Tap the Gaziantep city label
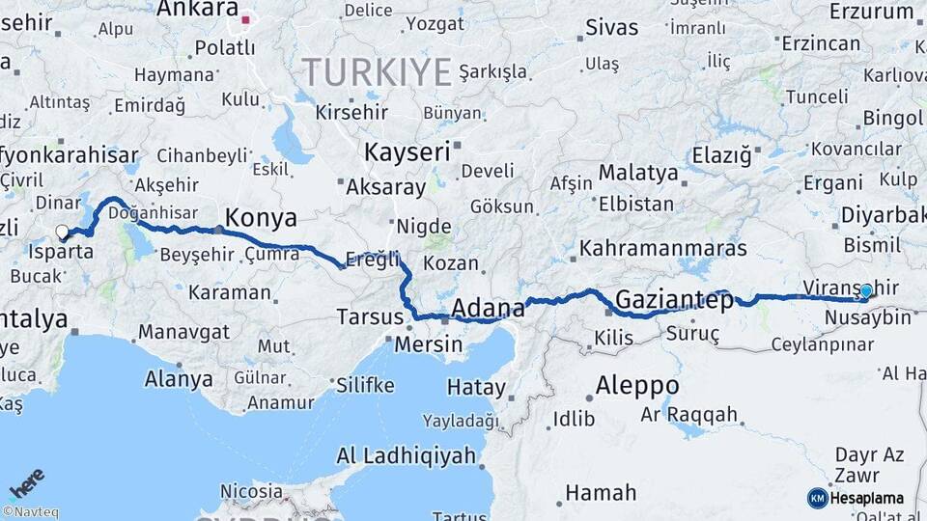pyautogui.click(x=672, y=299)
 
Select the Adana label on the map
pyautogui.click(x=488, y=309)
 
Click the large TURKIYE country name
pyautogui.click(x=377, y=72)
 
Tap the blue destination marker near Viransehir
pyautogui.click(x=866, y=290)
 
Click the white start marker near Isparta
pyautogui.click(x=63, y=232)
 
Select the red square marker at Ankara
pyautogui.click(x=245, y=19)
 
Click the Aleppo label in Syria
pyautogui.click(x=636, y=385)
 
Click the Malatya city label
pyautogui.click(x=637, y=173)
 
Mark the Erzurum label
pyautogui.click(x=871, y=12)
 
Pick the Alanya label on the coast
pyautogui.click(x=179, y=378)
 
